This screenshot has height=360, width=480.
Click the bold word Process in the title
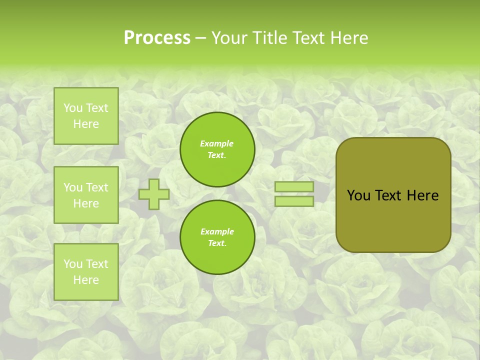[x=157, y=38]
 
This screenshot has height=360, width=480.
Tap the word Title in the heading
[x=272, y=38]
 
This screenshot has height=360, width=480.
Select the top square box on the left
[x=86, y=116]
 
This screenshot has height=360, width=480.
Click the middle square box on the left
[x=86, y=195]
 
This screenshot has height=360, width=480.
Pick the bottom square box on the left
[x=86, y=272]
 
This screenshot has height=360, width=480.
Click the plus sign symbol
[x=154, y=194]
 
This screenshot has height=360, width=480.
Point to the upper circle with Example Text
[x=217, y=149]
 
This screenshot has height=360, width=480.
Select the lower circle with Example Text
[x=217, y=237]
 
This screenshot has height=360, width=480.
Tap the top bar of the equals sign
[x=294, y=187]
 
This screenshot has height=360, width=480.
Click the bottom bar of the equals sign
[x=294, y=201]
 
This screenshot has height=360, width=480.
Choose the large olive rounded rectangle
[x=393, y=220]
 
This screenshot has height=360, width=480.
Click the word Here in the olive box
[x=422, y=195]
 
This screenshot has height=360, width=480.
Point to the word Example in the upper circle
[x=217, y=143]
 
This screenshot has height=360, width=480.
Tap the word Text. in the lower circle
[x=217, y=243]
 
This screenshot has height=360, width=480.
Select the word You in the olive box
[x=358, y=195]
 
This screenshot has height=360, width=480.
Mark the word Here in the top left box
[x=86, y=124]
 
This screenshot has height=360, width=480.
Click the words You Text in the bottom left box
[x=86, y=264]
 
